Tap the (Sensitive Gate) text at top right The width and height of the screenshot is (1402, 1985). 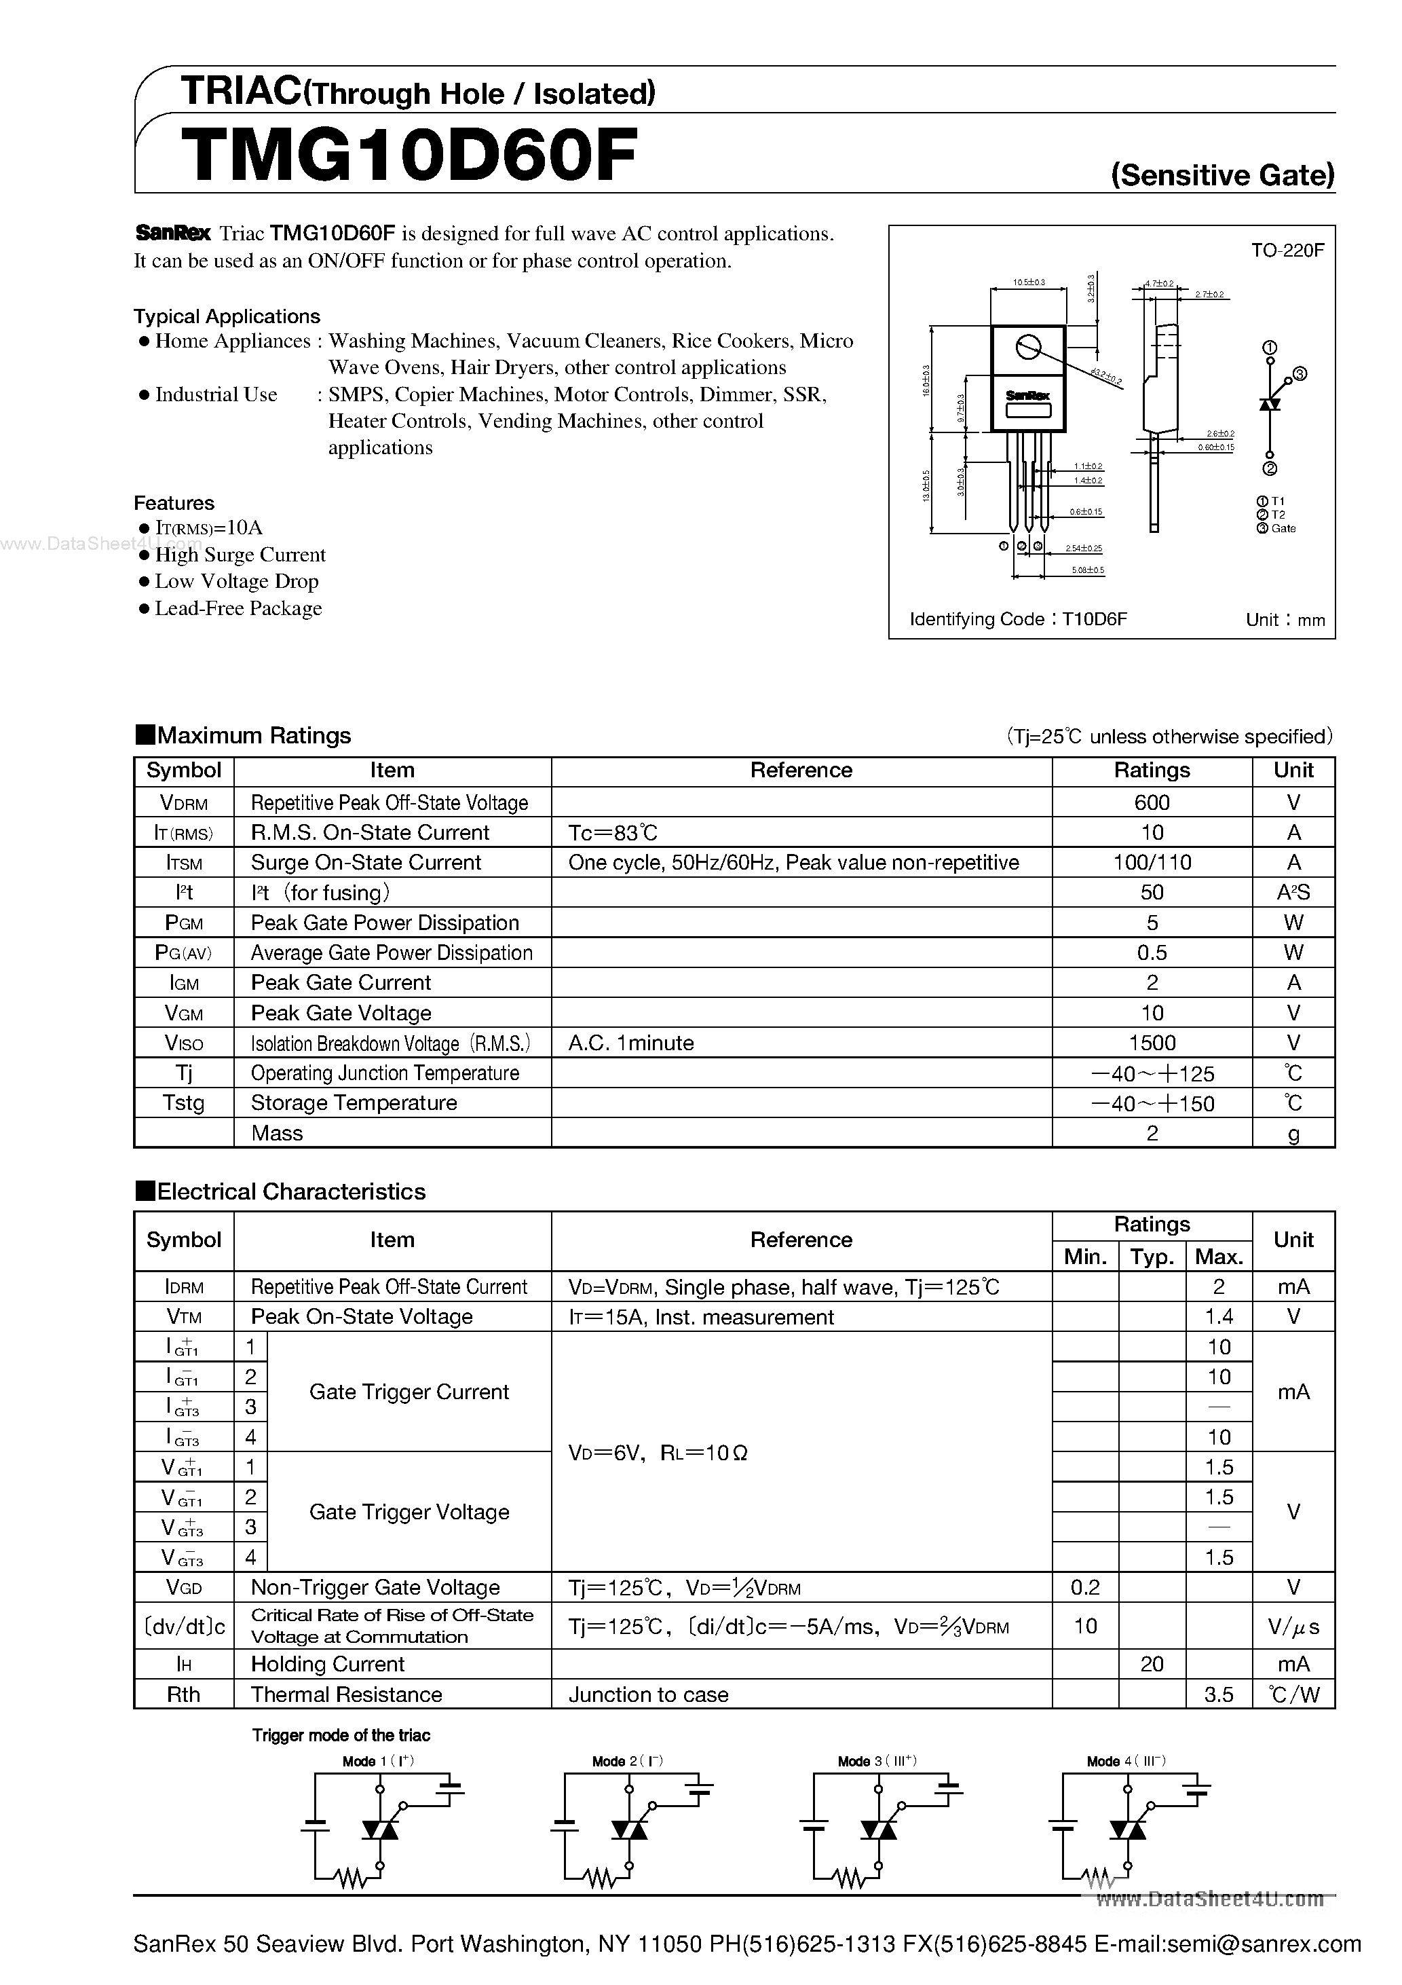point(1222,176)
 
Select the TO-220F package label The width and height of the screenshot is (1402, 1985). point(1287,251)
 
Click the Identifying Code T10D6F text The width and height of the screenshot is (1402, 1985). point(1018,619)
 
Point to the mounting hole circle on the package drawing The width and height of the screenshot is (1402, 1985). point(1027,347)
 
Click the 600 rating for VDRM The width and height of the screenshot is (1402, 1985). point(1152,802)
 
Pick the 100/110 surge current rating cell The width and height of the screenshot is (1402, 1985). point(1152,862)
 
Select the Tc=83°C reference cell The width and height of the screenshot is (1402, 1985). point(613,832)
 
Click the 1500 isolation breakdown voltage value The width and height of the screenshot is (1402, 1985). point(1152,1043)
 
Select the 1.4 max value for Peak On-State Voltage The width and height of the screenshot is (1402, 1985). point(1218,1317)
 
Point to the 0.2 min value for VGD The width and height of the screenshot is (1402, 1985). point(1085,1587)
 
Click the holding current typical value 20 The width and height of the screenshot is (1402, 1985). point(1152,1665)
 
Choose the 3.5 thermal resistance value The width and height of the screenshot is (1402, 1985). point(1218,1694)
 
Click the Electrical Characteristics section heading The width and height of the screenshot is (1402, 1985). point(290,1191)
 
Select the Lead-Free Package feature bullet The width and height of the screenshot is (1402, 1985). point(238,609)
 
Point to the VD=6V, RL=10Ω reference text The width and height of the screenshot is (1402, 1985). point(658,1453)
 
